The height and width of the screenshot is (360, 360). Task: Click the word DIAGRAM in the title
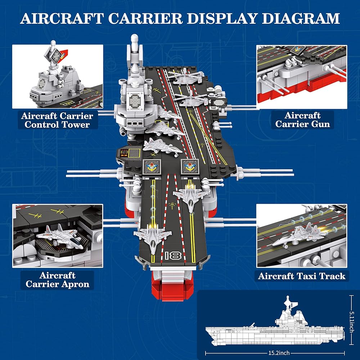pyautogui.click(x=301, y=18)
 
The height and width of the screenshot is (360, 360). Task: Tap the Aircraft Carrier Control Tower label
pyautogui.click(x=57, y=120)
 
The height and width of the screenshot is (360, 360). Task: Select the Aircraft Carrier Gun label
pyautogui.click(x=302, y=120)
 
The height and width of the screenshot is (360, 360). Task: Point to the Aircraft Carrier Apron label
pyautogui.click(x=57, y=280)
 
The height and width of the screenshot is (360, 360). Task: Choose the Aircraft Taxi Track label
pyautogui.click(x=302, y=276)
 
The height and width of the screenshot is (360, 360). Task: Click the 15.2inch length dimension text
pyautogui.click(x=279, y=353)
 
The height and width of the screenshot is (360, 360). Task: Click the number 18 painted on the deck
pyautogui.click(x=173, y=256)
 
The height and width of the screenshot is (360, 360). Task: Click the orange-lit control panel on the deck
pyautogui.click(x=129, y=153)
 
